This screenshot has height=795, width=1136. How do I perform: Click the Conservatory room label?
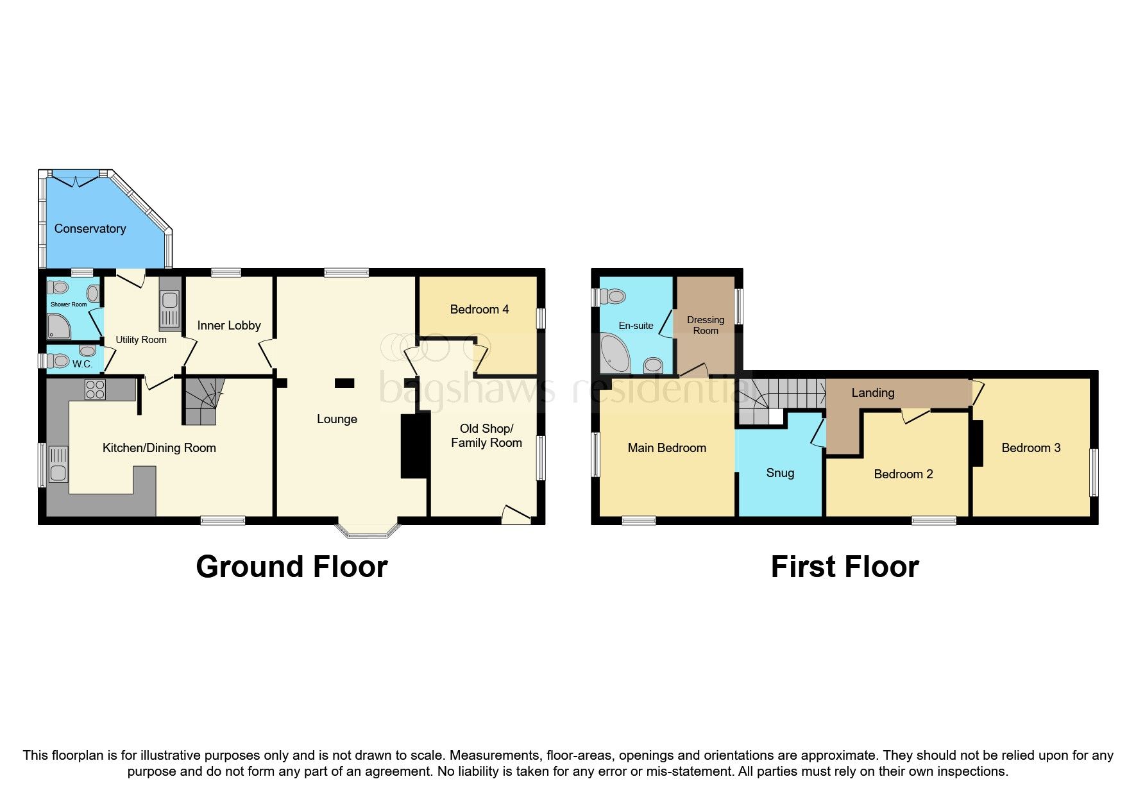click(x=90, y=229)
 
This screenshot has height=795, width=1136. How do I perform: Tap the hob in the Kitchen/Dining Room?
click(x=96, y=389)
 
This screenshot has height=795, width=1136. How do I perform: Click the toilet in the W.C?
click(x=60, y=361)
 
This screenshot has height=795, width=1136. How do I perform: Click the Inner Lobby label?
click(x=229, y=326)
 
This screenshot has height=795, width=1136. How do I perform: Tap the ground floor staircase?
click(x=203, y=402)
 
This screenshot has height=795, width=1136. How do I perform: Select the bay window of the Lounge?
click(x=368, y=530)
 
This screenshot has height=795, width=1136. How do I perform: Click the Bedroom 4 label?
click(x=479, y=310)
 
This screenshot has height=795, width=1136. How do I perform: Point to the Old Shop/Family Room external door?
click(x=516, y=515)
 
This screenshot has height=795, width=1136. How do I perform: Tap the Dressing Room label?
click(x=706, y=325)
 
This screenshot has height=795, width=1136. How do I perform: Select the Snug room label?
click(x=780, y=473)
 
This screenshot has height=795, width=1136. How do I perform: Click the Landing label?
click(x=872, y=393)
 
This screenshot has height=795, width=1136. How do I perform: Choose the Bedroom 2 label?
click(x=903, y=474)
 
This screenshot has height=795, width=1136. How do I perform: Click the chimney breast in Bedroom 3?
click(x=978, y=443)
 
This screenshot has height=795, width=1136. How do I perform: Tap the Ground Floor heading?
click(x=292, y=567)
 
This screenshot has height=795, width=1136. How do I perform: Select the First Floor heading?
click(x=845, y=567)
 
